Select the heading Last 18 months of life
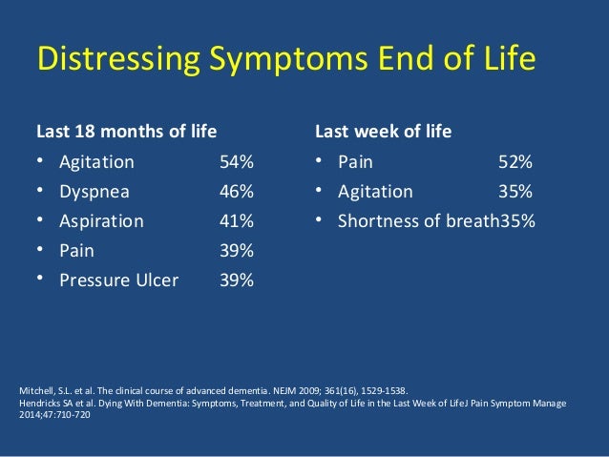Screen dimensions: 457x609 pos(126,131)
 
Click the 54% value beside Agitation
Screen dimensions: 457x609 pos(236,161)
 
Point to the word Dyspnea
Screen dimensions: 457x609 pos(94,191)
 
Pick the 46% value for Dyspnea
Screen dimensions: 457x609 pos(236,191)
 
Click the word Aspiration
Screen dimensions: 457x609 pos(101,220)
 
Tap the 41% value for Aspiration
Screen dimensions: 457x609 pos(236,220)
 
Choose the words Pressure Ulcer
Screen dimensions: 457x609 pos(118,280)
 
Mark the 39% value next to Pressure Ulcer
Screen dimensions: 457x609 pos(236,280)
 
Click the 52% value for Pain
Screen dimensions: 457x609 pos(515,161)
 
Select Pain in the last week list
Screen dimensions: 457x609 pos(357,161)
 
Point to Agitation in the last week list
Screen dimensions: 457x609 pos(375,191)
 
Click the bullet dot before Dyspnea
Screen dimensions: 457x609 pos(41,190)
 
